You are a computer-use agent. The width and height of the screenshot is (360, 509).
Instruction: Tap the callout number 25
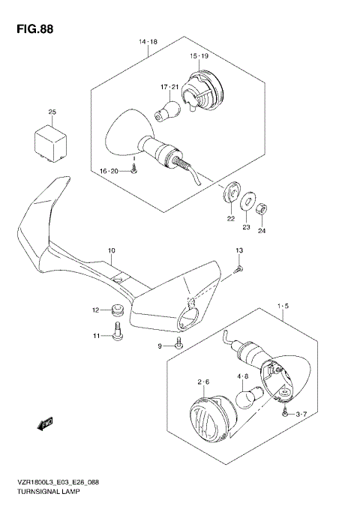coord(52,112)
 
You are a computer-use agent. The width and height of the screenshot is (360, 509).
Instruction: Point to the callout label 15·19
coord(198,56)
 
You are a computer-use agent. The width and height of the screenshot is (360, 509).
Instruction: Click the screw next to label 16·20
coord(133,169)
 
